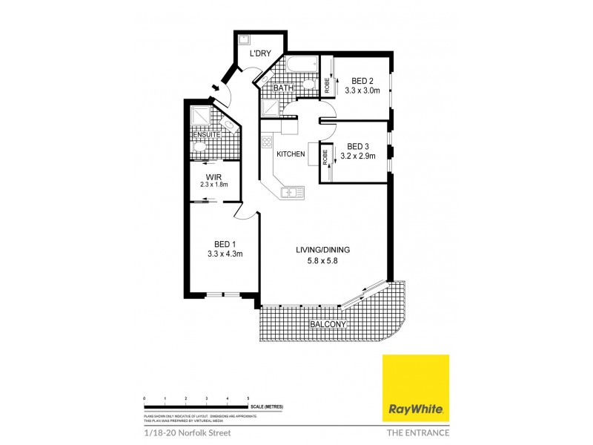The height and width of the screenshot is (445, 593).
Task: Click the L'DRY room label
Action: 259,53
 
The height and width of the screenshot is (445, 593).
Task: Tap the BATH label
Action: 284,88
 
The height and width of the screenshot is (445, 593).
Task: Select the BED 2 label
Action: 362,81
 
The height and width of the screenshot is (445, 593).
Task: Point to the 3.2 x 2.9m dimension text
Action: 358,156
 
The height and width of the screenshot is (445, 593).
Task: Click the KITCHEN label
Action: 291,154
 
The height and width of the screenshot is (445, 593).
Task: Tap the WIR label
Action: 213,177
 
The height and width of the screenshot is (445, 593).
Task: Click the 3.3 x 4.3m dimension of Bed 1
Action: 225,254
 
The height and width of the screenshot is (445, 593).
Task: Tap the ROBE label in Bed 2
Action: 326,86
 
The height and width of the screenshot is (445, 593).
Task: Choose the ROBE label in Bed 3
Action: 326,157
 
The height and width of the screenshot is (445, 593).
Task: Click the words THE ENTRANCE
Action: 417,432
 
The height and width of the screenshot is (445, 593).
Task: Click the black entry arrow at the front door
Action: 216,90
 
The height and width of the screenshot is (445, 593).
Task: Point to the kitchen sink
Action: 289,193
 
